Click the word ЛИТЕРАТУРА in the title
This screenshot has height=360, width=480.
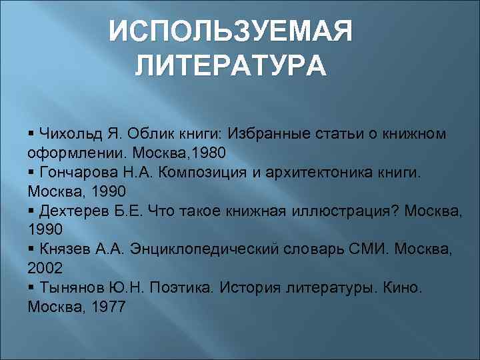pyautogui.click(x=231, y=67)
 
